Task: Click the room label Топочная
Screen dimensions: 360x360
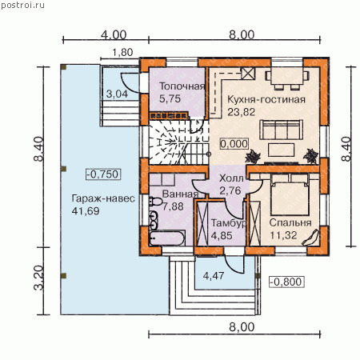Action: point(182,86)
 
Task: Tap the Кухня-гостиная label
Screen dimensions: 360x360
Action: point(266,99)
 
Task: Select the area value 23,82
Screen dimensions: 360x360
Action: point(241,112)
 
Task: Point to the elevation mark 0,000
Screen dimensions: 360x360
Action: point(234,144)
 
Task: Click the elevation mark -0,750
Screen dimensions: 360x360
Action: point(103,174)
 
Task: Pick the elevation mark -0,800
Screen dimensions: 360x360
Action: point(287,282)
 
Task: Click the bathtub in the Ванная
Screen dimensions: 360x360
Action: point(167,238)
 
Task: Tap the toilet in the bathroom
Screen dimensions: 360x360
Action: point(155,202)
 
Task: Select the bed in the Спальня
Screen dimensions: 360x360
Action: point(290,195)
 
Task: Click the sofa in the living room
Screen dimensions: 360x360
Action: point(282,130)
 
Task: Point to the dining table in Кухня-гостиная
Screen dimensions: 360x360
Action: point(287,76)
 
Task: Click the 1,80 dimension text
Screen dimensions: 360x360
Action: point(122,53)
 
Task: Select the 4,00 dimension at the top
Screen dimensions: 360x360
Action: point(114,35)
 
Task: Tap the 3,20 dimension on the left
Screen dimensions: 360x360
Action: point(39,278)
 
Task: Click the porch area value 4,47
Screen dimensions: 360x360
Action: point(214,276)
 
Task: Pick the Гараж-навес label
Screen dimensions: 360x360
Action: point(103,198)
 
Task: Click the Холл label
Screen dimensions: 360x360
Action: point(231,178)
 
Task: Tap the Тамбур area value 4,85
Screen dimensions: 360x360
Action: point(222,236)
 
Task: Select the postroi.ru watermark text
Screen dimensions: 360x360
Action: point(22,6)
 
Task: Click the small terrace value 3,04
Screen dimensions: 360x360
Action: point(117,94)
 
